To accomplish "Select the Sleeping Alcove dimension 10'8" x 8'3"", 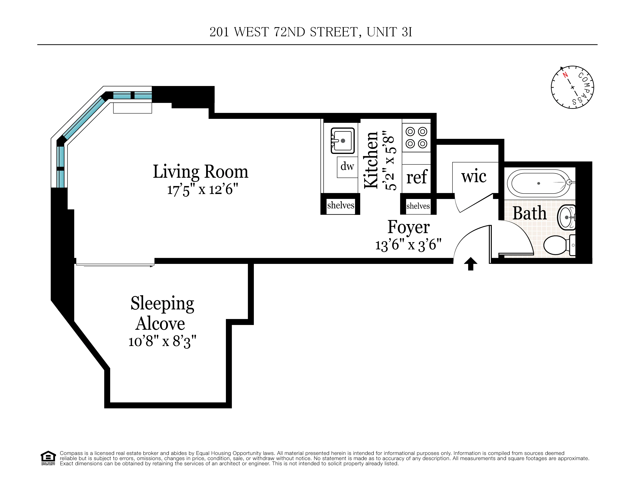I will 162,341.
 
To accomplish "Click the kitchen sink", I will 343,141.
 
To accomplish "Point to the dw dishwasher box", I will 347,167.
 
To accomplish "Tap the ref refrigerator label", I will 416,177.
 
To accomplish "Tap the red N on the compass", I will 565,75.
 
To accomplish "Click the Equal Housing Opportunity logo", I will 48,458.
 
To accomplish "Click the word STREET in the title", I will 334,32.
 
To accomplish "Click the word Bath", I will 529,213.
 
